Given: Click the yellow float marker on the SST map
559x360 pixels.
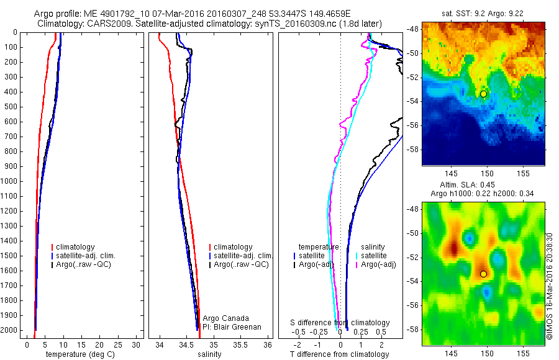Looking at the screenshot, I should tap(483, 94).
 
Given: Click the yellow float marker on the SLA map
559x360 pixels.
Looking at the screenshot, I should tap(483, 274).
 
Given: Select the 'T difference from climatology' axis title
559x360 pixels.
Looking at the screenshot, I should tap(339, 354).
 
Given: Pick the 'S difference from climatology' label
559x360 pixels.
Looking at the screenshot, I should tap(340, 323).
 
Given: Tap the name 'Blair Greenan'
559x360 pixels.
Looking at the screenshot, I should tap(237, 327).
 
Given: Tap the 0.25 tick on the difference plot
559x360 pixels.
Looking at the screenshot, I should tap(360, 333).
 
